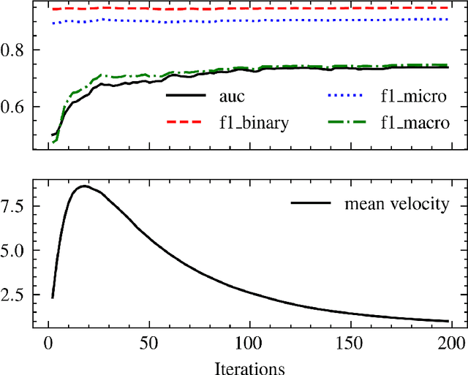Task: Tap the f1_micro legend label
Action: pyautogui.click(x=414, y=96)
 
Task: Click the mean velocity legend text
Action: pyautogui.click(x=396, y=204)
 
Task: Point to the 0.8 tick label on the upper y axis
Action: pyautogui.click(x=16, y=50)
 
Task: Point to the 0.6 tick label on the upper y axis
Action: pyautogui.click(x=16, y=107)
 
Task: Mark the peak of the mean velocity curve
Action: pyautogui.click(x=85, y=186)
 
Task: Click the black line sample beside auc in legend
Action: pyautogui.click(x=187, y=96)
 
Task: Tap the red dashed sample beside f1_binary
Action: pyautogui.click(x=187, y=123)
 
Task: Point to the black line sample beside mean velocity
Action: pyautogui.click(x=312, y=204)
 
